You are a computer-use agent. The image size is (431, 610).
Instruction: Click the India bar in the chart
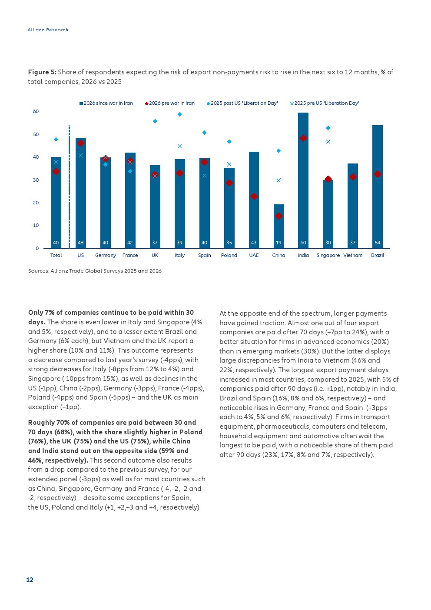303,180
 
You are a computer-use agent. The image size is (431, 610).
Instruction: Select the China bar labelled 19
278,226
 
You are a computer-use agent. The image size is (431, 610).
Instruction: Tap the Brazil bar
378,187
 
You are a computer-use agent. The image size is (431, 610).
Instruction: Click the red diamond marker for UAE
254,196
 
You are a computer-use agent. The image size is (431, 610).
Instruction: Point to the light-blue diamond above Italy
179,114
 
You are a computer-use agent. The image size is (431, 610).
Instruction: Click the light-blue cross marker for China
278,180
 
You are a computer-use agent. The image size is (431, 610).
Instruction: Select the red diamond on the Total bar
56,172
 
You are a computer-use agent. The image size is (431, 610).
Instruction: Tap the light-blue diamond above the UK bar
155,121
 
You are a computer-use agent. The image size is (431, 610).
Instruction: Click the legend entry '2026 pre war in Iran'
169,103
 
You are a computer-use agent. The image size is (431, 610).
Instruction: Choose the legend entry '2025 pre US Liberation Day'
325,103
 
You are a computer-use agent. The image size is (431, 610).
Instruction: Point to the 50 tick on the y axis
36,134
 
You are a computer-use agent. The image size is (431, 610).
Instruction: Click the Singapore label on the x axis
328,255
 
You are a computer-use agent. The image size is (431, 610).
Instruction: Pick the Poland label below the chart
229,255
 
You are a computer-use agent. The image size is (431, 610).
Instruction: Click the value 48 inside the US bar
80,242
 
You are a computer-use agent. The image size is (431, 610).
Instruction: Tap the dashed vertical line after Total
69,187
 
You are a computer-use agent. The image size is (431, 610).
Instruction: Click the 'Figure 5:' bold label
42,72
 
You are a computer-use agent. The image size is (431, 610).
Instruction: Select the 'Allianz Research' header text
48,30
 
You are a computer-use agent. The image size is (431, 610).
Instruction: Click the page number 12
30,580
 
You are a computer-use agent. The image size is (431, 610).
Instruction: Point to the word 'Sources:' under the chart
38,271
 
